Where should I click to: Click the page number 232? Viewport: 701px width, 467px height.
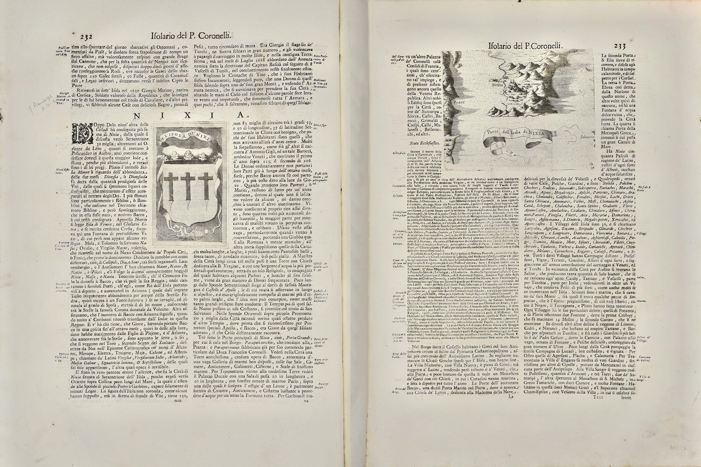point(86,37)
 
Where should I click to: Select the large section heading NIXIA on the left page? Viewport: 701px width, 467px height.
point(188,115)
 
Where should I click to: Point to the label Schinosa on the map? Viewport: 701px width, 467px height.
point(587,137)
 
